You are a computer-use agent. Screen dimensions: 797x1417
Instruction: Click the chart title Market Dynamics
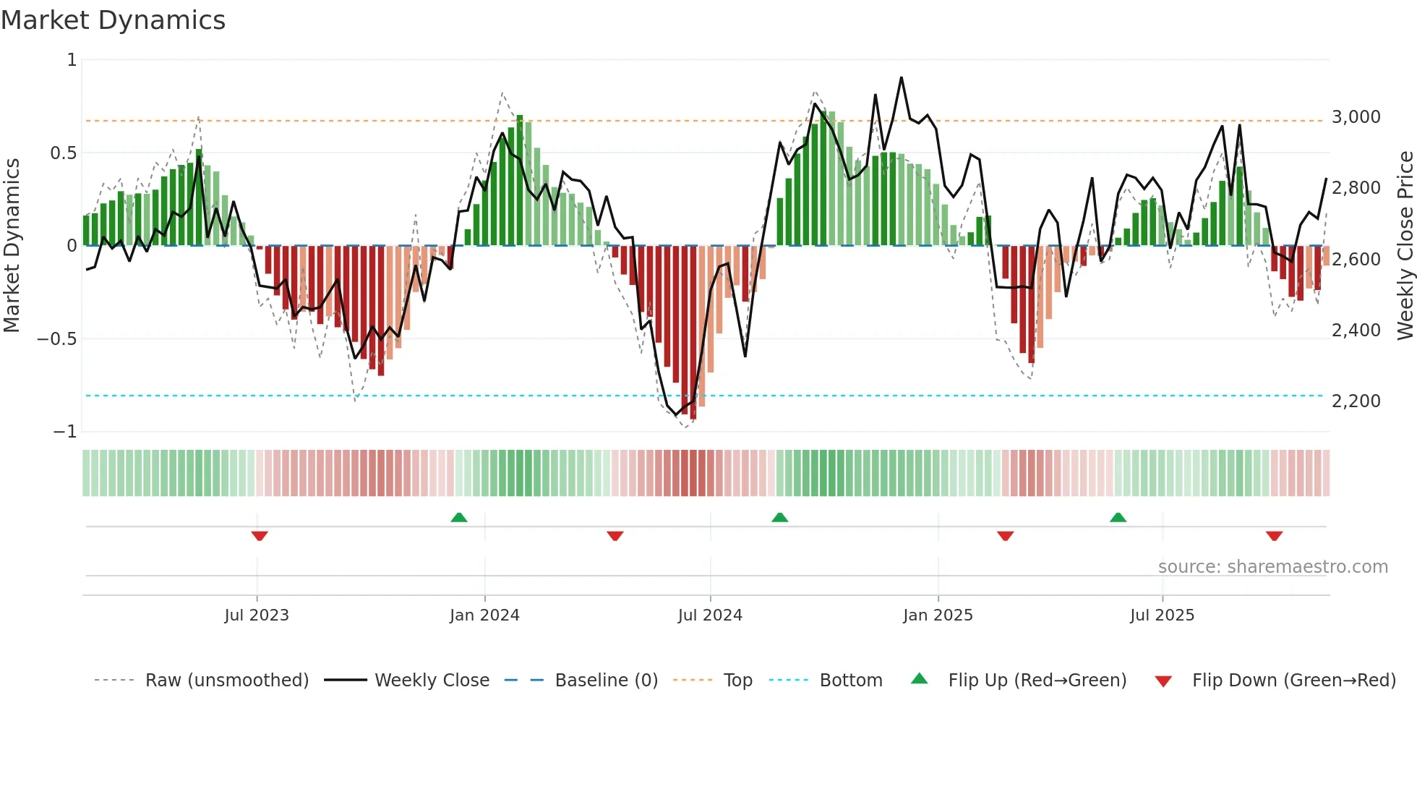pos(113,20)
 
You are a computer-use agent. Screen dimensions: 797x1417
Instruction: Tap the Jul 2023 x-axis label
pos(256,615)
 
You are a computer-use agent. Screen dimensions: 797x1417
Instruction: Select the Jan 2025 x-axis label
pos(938,615)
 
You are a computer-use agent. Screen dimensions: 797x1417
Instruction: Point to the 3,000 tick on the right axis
pos(1356,117)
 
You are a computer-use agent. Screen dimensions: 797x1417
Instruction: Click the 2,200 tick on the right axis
pos(1356,401)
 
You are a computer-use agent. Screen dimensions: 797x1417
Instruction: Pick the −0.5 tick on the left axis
pos(56,339)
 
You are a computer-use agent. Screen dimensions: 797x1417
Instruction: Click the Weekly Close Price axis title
pos(1405,245)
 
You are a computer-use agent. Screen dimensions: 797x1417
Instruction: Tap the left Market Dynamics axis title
pos(12,245)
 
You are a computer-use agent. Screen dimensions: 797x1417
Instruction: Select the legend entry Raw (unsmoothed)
pos(226,681)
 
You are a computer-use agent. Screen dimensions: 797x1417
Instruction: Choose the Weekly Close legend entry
pos(432,681)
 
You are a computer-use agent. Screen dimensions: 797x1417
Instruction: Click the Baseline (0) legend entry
pos(606,681)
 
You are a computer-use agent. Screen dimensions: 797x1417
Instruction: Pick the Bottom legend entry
pos(850,681)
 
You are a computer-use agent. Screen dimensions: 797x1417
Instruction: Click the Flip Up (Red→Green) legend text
pos(1037,681)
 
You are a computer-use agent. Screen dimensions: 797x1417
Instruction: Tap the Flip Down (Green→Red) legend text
pos(1293,681)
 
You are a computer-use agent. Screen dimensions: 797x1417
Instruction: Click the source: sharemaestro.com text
pos(1272,567)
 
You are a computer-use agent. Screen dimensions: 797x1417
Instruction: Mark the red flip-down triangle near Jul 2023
pos(260,536)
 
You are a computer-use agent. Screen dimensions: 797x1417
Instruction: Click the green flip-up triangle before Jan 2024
pos(458,517)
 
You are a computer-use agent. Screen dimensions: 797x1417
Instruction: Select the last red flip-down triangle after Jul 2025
pos(1274,536)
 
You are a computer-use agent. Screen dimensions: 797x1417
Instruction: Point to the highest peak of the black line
pos(901,77)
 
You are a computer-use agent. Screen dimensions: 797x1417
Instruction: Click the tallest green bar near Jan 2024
pos(520,180)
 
